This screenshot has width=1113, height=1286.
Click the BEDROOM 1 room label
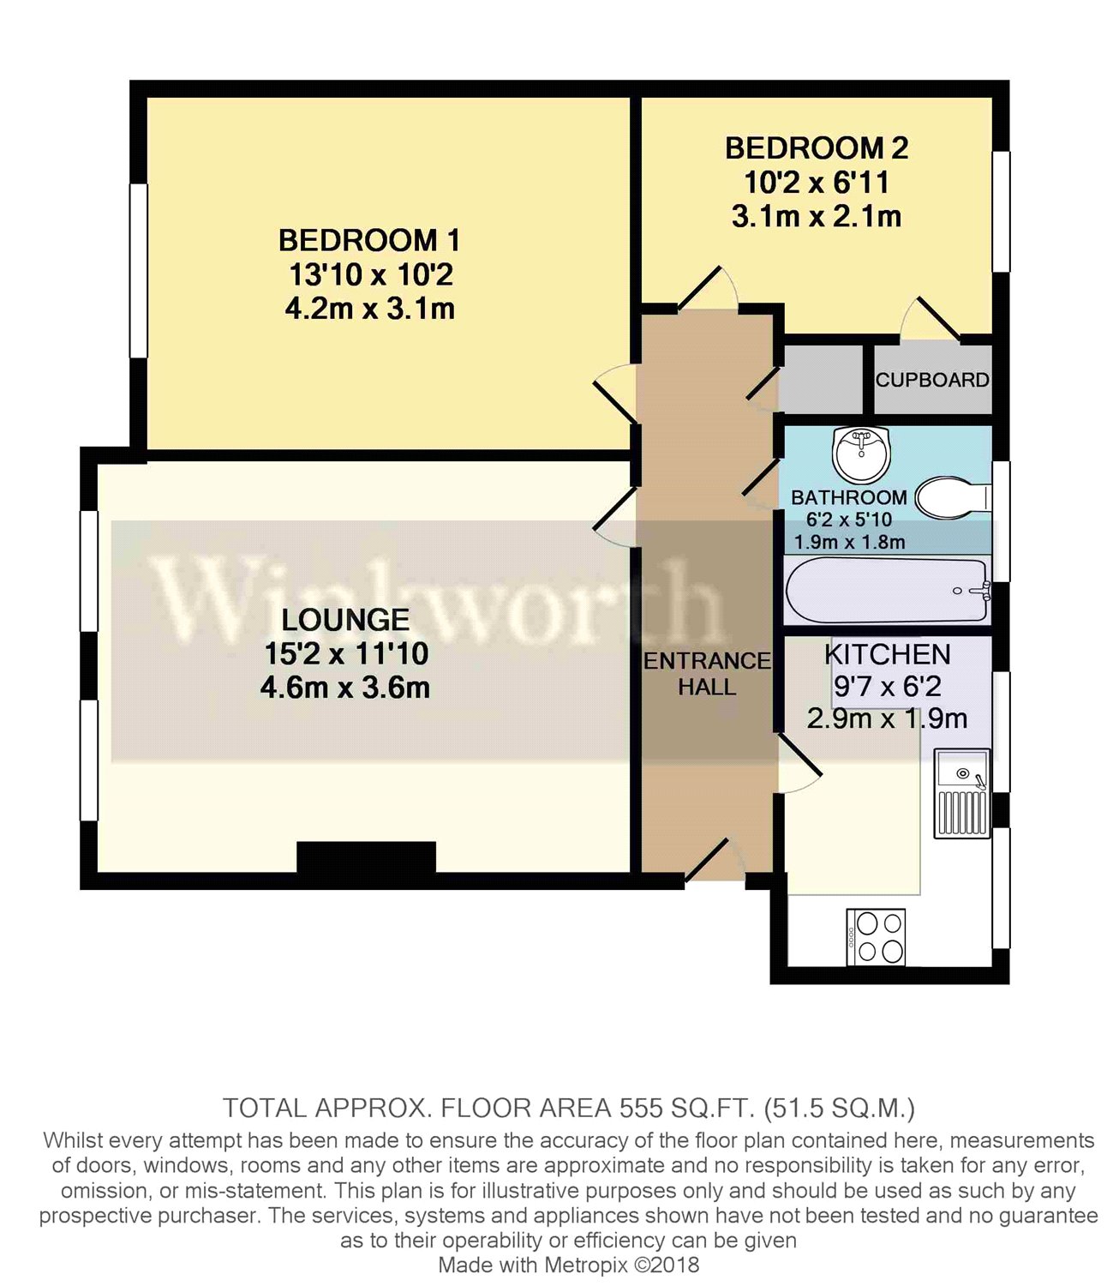[369, 240]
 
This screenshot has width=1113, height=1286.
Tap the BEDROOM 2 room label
[816, 148]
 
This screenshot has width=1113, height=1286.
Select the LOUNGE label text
[345, 619]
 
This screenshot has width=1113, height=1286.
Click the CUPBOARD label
[932, 380]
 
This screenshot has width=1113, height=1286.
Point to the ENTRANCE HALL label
[707, 674]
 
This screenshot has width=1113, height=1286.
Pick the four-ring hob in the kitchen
[876, 937]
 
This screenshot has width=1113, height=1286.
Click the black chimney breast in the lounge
[366, 856]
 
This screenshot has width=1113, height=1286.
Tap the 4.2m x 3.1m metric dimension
[369, 309]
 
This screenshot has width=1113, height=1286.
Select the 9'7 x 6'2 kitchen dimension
[887, 686]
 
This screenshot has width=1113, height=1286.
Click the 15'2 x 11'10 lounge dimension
[345, 653]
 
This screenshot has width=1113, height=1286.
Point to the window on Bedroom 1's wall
[138, 270]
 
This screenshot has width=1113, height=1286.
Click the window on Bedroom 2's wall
[1000, 212]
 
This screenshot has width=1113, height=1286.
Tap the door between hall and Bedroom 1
[615, 393]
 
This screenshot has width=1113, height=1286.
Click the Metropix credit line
[568, 1265]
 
